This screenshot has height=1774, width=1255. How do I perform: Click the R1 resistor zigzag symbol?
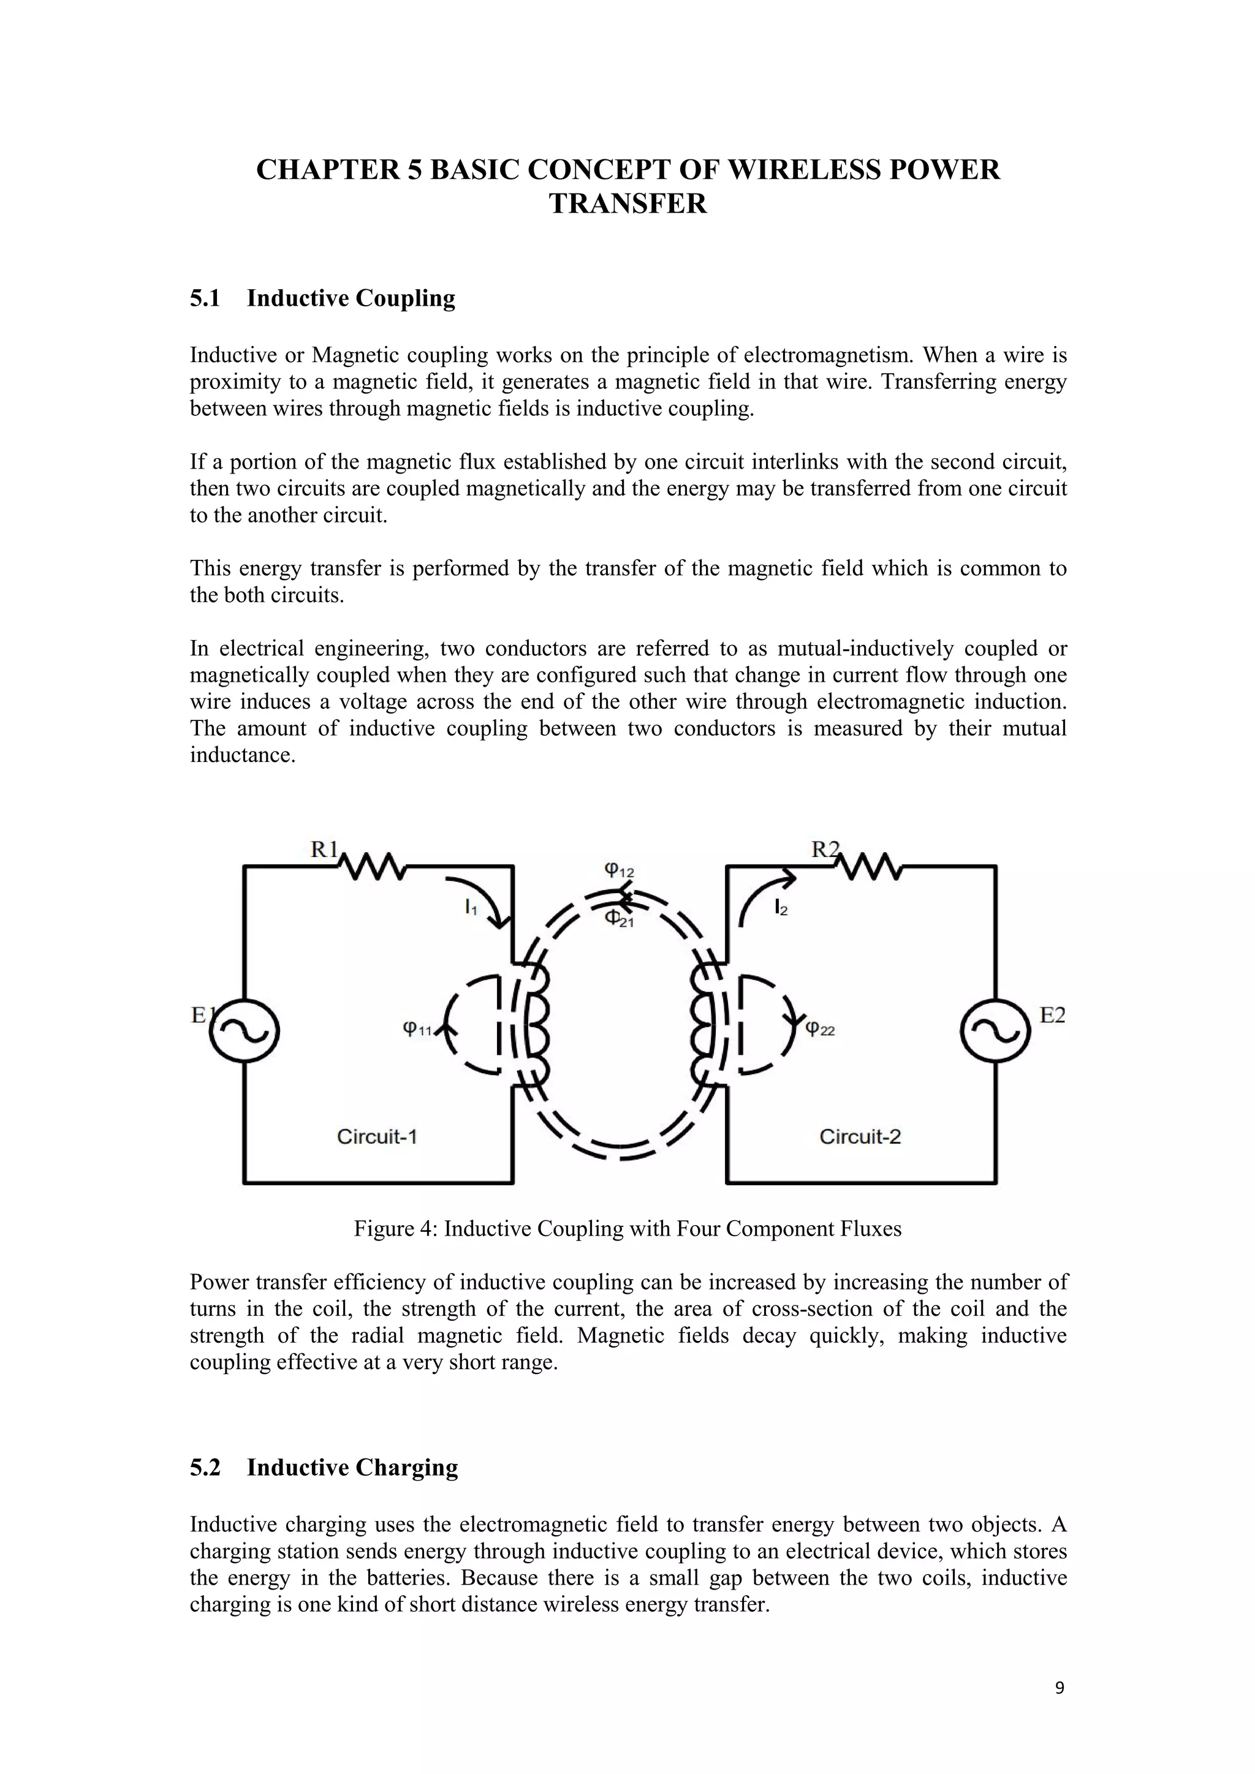tap(371, 866)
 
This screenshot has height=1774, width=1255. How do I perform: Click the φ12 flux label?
tap(619, 871)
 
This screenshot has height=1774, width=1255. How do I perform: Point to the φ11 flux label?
tap(417, 1029)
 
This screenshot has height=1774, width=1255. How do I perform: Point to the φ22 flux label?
tap(821, 1029)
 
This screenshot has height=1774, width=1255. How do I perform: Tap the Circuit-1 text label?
tap(377, 1136)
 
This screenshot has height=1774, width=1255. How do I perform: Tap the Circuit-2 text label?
tap(860, 1136)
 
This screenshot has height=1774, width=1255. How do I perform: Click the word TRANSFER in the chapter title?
tap(627, 204)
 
